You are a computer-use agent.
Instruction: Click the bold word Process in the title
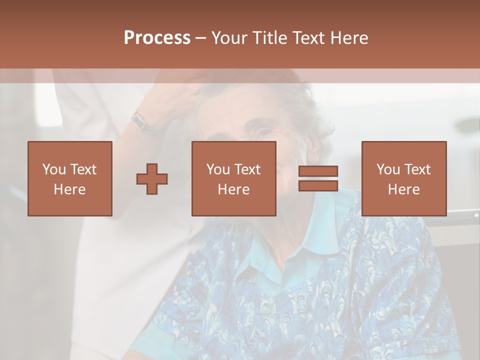[157, 37]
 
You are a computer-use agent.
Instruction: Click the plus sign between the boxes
[152, 179]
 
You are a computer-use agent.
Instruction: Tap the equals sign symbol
[318, 178]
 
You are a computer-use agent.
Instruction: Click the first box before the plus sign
[70, 178]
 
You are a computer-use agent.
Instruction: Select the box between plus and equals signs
[234, 178]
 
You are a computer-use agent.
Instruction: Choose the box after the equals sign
[404, 178]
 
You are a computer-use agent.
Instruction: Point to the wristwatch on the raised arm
[141, 121]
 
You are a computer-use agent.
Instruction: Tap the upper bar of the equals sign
[318, 171]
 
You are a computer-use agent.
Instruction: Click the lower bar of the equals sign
[318, 185]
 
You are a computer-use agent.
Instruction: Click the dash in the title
[201, 38]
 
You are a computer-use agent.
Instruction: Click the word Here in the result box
[404, 189]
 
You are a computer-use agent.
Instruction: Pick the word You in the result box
[388, 169]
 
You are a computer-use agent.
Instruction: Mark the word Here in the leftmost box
[70, 189]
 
